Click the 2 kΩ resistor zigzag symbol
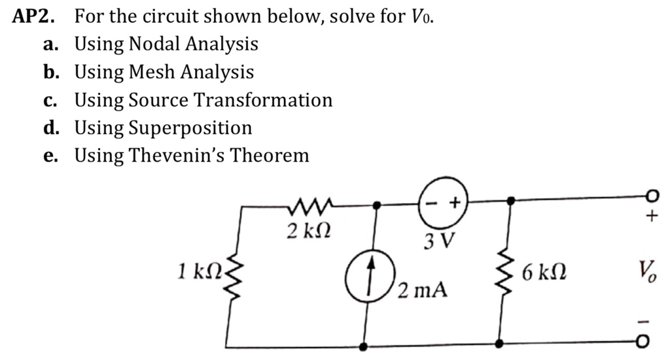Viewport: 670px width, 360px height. [308, 207]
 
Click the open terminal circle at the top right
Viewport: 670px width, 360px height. [649, 197]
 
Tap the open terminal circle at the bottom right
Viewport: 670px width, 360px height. [648, 344]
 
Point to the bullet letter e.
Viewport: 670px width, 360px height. [50, 155]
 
